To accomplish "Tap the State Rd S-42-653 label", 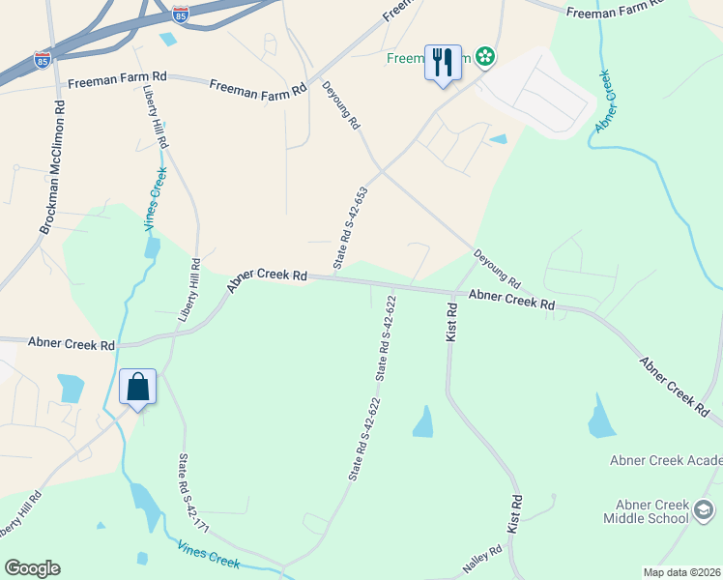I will click(x=351, y=228).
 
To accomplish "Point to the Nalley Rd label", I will click(x=482, y=559).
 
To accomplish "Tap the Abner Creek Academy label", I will click(x=665, y=460).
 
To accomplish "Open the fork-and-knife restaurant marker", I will click(x=443, y=63).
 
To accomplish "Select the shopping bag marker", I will click(x=138, y=387).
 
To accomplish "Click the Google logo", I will click(x=32, y=568).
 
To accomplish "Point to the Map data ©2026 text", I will click(x=681, y=572).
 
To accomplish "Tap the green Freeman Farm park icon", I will click(x=485, y=57).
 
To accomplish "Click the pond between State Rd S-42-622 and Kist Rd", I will click(x=423, y=421).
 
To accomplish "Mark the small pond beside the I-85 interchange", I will click(x=169, y=40).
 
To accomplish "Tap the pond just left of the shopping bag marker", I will click(x=71, y=388).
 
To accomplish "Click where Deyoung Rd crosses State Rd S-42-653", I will click(x=381, y=171).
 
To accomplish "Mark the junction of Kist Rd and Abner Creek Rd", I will click(x=450, y=292).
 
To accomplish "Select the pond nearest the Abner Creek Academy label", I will click(x=599, y=417).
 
